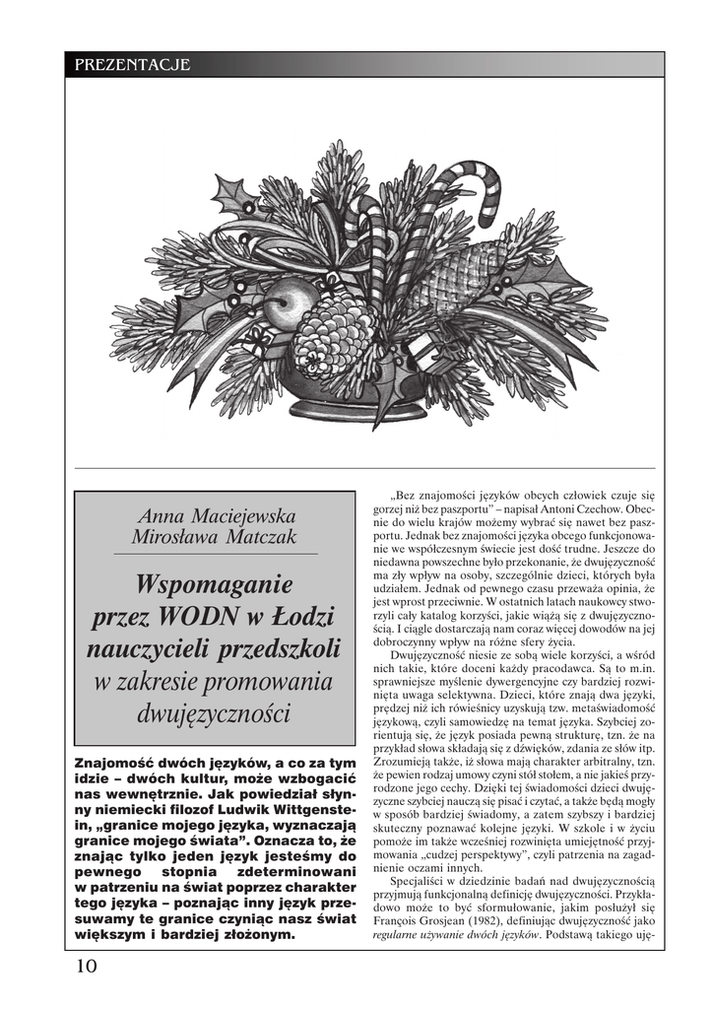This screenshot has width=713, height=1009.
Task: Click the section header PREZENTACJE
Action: (132, 65)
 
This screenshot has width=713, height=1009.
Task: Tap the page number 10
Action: (86, 966)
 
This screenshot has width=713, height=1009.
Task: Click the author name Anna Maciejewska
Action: (217, 516)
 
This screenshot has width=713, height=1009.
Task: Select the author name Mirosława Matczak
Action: (214, 537)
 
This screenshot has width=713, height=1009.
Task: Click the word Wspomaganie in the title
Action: (215, 584)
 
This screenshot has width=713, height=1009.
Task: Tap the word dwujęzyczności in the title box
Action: (215, 712)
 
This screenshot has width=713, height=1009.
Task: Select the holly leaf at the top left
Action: (232, 194)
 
